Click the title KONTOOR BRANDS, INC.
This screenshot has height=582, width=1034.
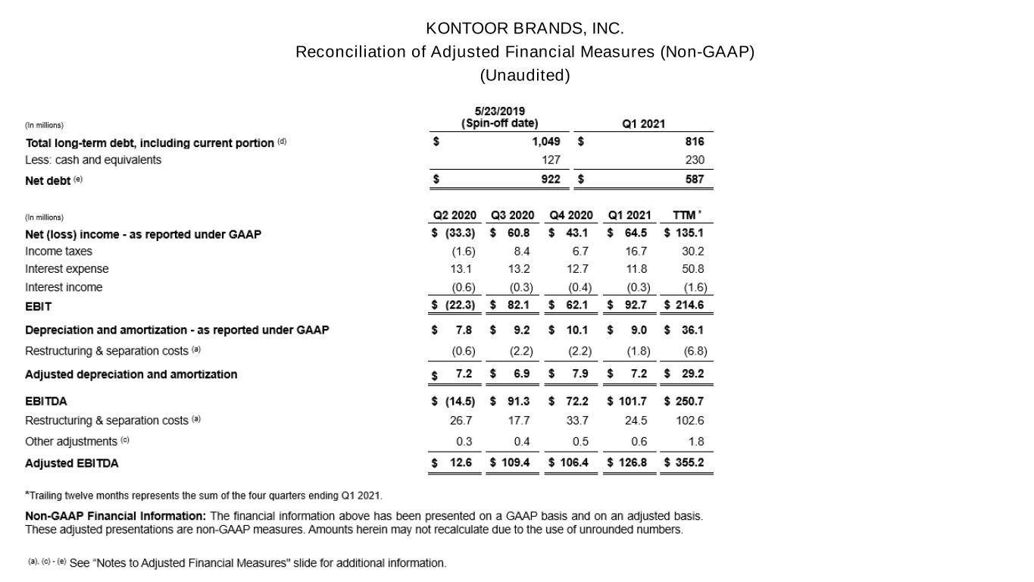(524, 29)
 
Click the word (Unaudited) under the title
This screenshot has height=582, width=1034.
(524, 76)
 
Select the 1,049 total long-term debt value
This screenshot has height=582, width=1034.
(545, 142)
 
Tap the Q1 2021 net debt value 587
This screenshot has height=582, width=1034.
(694, 180)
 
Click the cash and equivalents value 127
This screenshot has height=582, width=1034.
(551, 160)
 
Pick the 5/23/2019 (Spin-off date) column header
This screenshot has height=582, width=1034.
(500, 117)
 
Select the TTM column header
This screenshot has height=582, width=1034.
(686, 215)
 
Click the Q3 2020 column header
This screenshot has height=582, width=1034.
(512, 215)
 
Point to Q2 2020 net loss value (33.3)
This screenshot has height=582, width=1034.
(459, 233)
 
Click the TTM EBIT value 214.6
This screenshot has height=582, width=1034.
(689, 305)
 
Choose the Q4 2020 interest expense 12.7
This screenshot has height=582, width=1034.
(577, 269)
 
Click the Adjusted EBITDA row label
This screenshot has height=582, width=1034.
(72, 463)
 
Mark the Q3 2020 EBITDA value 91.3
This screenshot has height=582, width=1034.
(517, 402)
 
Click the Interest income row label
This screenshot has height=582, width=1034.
(64, 287)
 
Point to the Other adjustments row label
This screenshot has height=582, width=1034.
(71, 441)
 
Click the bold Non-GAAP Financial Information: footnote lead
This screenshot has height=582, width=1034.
(115, 516)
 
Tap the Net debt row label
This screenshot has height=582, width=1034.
(48, 180)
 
